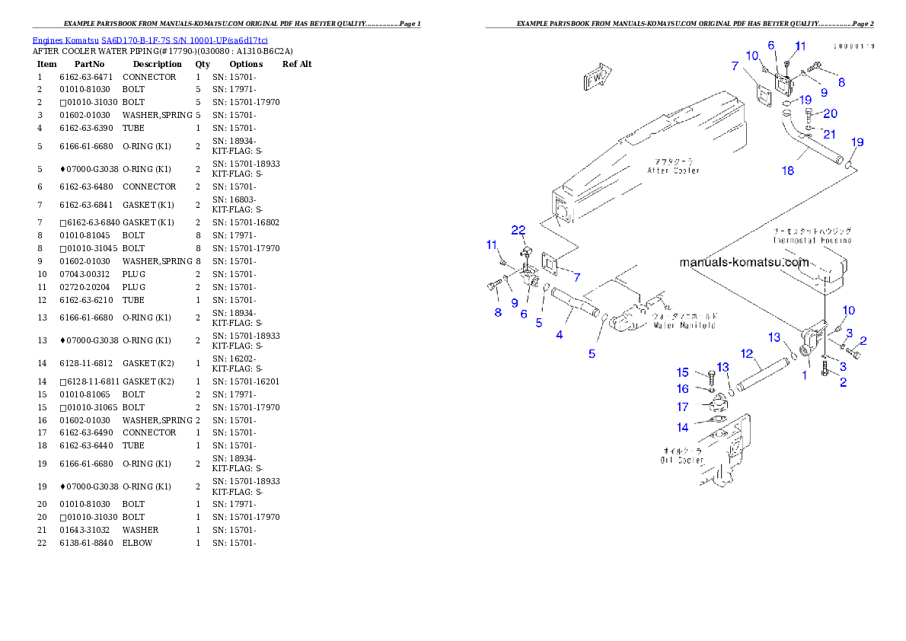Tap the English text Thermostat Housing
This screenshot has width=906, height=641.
812,240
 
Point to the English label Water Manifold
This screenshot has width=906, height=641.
684,325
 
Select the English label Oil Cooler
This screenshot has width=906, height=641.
682,461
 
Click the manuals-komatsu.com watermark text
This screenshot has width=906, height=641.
744,263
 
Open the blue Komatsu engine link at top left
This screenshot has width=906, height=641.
150,40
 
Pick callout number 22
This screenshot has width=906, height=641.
518,230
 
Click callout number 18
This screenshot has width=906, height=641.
788,171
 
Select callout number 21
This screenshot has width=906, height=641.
829,134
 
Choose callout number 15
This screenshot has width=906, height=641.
683,372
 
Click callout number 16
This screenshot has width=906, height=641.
683,389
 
